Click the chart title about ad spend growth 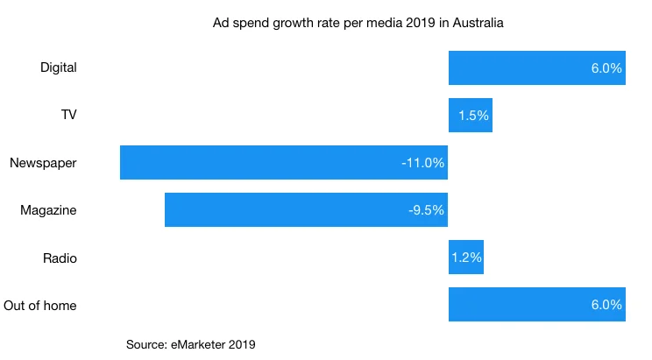pyautogui.click(x=358, y=23)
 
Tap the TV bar pyautogui.click(x=470, y=115)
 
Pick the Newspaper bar pyautogui.click(x=283, y=162)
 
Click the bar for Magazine pyautogui.click(x=306, y=210)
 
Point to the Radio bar pyautogui.click(x=465, y=258)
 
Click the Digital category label pyautogui.click(x=59, y=67)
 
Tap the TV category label pyautogui.click(x=67, y=115)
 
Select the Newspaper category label pyautogui.click(x=43, y=162)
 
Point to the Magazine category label pyautogui.click(x=48, y=210)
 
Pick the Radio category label pyautogui.click(x=60, y=258)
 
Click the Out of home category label pyautogui.click(x=39, y=305)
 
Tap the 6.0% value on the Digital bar pyautogui.click(x=606, y=67)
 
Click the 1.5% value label pyautogui.click(x=473, y=115)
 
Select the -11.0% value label pyautogui.click(x=422, y=162)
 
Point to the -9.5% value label pyautogui.click(x=426, y=210)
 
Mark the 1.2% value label pyautogui.click(x=466, y=258)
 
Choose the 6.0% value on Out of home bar pyautogui.click(x=606, y=305)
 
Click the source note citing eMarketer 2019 pyautogui.click(x=191, y=344)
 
